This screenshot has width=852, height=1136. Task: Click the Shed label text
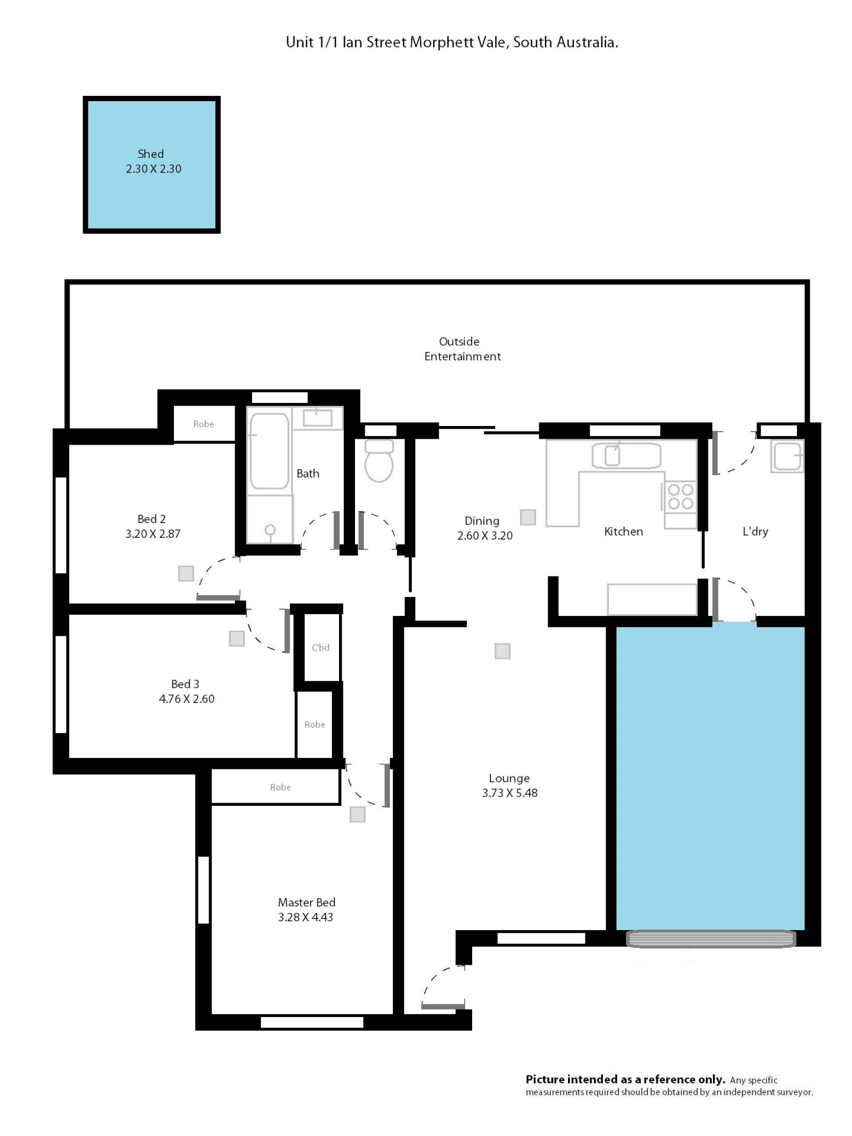tap(150, 154)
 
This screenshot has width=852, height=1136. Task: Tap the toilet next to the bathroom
tap(379, 460)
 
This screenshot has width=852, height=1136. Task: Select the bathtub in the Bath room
tap(269, 451)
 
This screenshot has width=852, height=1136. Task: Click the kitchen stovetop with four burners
tap(680, 496)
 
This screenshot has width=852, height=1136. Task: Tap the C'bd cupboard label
tap(320, 647)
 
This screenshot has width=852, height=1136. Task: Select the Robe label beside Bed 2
tap(203, 424)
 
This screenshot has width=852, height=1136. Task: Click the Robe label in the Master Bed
tap(280, 787)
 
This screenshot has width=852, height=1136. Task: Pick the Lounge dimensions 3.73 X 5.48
tap(509, 793)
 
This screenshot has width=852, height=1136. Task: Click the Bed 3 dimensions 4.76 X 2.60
tap(186, 699)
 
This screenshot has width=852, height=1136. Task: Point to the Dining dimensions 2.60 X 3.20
tap(485, 536)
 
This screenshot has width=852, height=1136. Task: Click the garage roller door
tap(711, 939)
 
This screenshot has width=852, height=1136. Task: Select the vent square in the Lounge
tap(502, 651)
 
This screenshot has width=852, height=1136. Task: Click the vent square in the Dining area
tap(528, 517)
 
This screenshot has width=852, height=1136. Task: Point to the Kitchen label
tap(623, 532)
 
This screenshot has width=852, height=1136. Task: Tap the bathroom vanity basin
tap(317, 418)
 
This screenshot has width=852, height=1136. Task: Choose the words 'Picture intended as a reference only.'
tap(625, 1079)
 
